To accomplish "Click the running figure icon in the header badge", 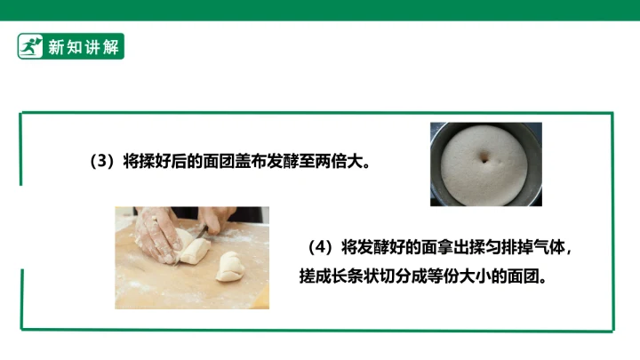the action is click(x=30, y=46).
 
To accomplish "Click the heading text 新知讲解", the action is click(x=84, y=47).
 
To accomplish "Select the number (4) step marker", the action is click(x=320, y=247).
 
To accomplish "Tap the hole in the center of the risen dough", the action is click(x=484, y=158).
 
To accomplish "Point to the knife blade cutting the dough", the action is click(x=195, y=239).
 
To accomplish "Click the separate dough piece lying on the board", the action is click(x=230, y=267).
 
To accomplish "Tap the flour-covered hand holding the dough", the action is click(x=157, y=235).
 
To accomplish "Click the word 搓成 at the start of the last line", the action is click(x=315, y=276).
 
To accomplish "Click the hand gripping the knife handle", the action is click(x=216, y=218).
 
